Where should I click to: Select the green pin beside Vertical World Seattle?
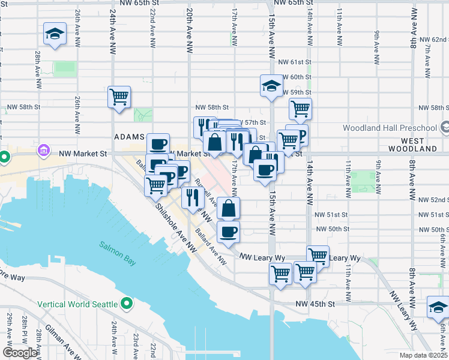tap(127, 304)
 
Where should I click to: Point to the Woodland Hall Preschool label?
tap(390, 128)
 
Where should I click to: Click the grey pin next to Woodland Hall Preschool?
tap(444, 127)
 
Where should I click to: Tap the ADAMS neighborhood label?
tap(130, 137)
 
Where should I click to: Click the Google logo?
tap(19, 353)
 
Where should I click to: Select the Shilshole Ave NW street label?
tap(175, 226)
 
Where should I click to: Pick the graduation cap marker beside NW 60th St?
tap(271, 85)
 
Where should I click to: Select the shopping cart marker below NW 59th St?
tap(300, 109)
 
